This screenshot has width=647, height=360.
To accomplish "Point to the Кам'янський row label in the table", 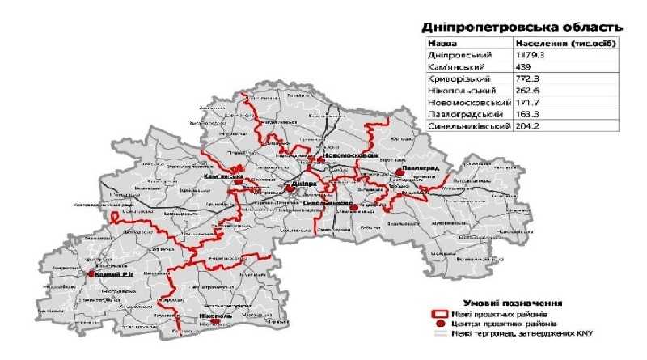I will tap(455, 67).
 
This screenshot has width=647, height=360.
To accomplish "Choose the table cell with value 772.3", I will tap(528, 81).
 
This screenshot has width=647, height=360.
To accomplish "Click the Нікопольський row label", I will tap(459, 92).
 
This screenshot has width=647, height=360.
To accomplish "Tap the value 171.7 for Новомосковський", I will tap(528, 104).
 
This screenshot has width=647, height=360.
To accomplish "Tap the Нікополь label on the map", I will tap(212, 316).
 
